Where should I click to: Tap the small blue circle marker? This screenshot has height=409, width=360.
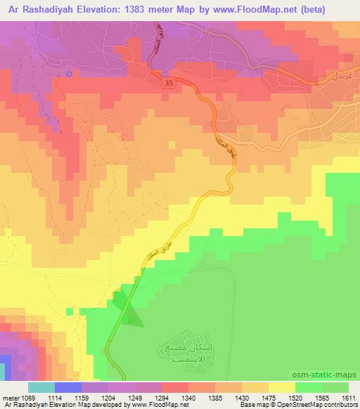point(69,74)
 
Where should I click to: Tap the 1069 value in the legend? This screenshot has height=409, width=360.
point(30,397)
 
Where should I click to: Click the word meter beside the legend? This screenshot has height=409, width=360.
point(11,397)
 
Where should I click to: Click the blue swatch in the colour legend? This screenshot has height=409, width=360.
point(67,387)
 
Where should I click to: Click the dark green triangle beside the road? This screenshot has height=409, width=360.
point(132,318)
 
